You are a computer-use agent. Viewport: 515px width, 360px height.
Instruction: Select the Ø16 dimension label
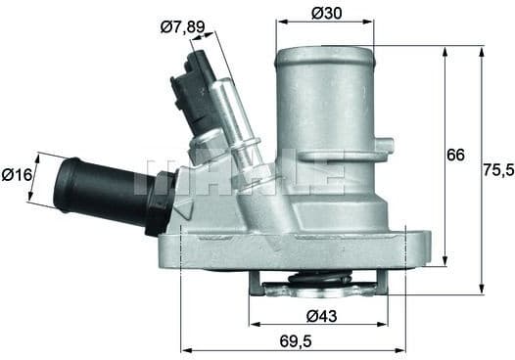(16, 175)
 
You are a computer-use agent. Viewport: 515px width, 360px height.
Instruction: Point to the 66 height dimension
(455, 155)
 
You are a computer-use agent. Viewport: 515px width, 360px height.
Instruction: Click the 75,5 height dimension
(496, 168)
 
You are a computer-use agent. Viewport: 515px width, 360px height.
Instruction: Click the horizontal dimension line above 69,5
(294, 349)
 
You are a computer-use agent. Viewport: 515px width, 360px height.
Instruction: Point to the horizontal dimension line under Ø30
(324, 22)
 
